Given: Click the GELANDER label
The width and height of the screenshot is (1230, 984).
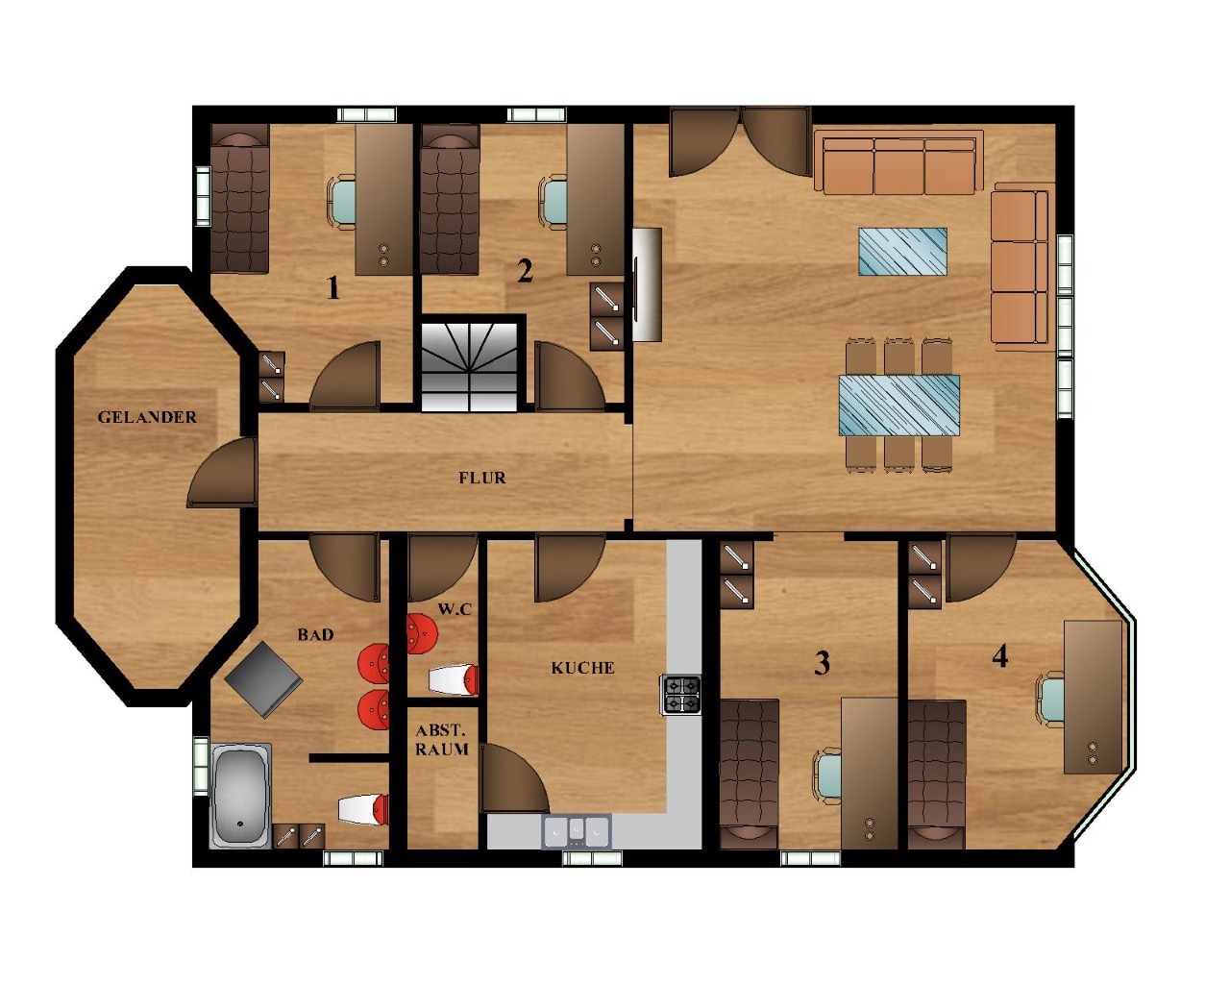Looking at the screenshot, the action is coord(147,417).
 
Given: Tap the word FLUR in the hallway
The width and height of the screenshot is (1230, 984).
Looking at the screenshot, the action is coord(482,478).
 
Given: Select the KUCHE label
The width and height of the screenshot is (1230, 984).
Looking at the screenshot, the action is coord(582,668).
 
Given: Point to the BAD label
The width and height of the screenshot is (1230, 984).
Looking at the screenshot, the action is coord(315,634).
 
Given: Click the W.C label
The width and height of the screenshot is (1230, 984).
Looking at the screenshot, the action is coord(455,609).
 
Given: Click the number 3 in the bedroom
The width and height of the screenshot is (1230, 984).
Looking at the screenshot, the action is coord(822,663).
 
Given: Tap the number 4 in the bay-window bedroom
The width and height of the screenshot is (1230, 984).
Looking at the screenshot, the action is coord(999,656).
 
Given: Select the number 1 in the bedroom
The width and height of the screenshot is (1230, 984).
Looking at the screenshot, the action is coord(332,287).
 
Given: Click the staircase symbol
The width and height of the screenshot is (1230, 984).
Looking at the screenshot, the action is coord(469,366).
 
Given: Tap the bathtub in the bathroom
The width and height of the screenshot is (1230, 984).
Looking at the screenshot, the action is coord(240,796).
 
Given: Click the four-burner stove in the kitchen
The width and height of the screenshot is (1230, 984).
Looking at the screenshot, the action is coord(682,694).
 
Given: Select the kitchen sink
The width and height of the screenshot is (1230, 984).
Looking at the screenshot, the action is coord(577,831).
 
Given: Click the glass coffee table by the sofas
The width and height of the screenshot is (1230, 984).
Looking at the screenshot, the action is coord(902,251).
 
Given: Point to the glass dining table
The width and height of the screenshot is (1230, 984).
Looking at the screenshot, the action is coord(899,406).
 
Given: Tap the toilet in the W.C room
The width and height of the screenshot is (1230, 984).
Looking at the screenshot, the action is coord(454,679).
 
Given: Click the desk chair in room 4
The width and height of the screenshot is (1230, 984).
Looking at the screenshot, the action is coord(1050,700).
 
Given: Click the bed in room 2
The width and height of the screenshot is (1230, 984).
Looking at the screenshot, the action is coord(450,199).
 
